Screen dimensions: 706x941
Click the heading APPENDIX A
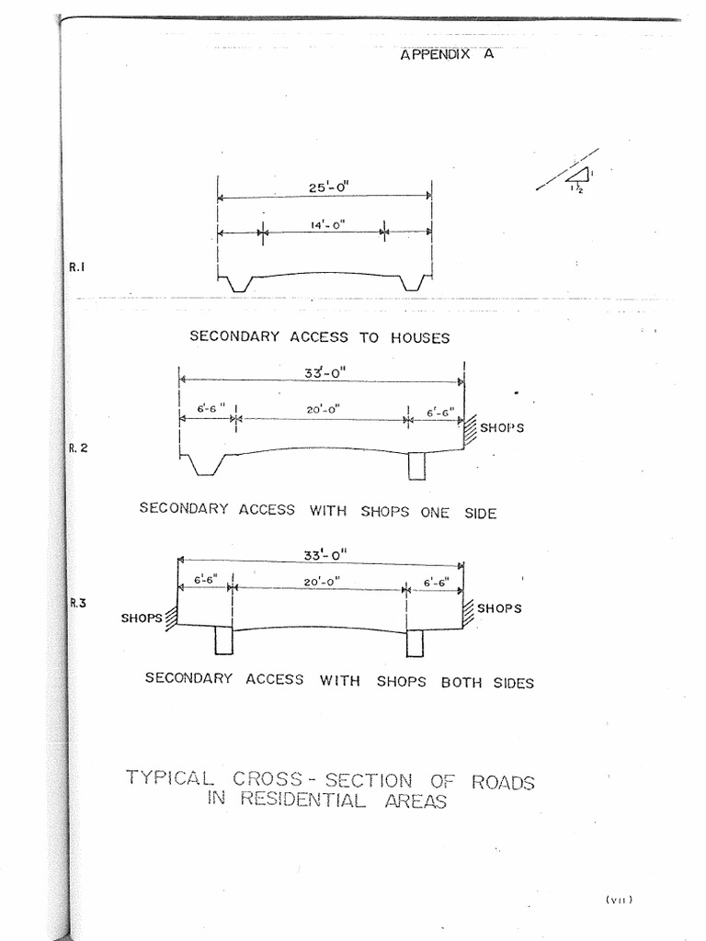(x=448, y=54)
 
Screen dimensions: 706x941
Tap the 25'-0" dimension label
(x=328, y=187)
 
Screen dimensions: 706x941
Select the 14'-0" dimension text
(x=328, y=225)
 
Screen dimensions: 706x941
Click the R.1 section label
(x=77, y=267)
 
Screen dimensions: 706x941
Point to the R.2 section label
(x=78, y=448)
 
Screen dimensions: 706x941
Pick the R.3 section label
(x=78, y=603)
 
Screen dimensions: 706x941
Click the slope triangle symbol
(x=577, y=175)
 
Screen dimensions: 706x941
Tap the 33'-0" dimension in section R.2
(x=325, y=373)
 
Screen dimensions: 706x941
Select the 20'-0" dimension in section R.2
(x=323, y=409)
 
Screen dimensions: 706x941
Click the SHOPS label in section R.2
(x=502, y=428)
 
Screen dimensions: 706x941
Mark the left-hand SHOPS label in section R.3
(x=142, y=618)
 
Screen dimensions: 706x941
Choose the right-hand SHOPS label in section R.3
(x=499, y=608)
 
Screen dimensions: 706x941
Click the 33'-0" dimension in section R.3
(x=325, y=554)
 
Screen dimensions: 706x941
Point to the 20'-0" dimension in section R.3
(x=322, y=581)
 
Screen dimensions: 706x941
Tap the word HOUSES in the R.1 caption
(x=420, y=338)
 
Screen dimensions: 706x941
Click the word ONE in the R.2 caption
(x=435, y=513)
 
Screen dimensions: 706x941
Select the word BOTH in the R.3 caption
(x=461, y=683)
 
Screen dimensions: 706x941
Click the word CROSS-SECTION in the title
(x=323, y=779)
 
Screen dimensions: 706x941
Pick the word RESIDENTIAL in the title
(x=302, y=799)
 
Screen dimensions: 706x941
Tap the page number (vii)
(x=620, y=899)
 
